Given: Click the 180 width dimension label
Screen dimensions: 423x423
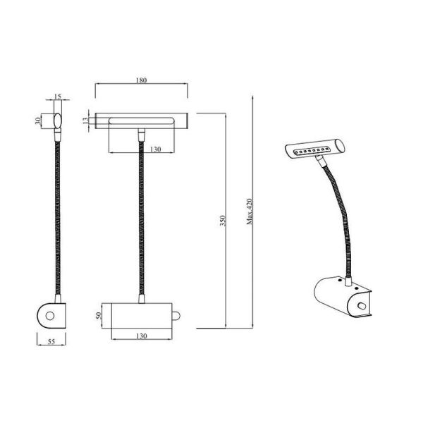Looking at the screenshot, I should coord(141,80).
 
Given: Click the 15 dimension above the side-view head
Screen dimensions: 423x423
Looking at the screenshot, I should coord(58,97).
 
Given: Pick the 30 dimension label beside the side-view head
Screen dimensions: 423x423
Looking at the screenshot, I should coord(38,120).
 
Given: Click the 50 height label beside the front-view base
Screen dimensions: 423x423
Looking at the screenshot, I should coord(99,314).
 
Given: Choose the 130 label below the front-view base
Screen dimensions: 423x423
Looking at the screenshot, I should coord(142,336).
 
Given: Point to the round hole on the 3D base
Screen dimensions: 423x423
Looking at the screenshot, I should coord(362,306).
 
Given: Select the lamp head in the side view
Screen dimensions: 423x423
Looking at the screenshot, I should coord(56,121).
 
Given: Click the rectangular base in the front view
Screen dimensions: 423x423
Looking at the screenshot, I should coord(141,315).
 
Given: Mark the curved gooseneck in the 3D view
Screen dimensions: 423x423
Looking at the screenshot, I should coord(341,211).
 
